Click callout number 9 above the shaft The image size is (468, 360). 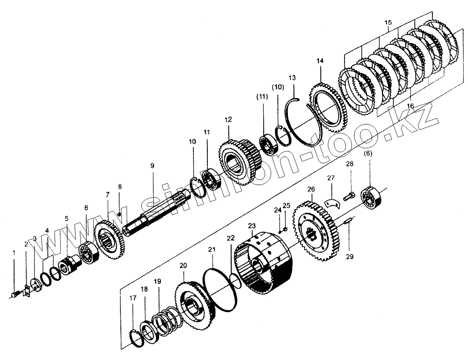[152, 166]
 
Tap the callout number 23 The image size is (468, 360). [251, 226]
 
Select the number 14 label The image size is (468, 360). [319, 61]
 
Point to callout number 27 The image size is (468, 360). [330, 178]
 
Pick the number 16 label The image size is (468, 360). [410, 106]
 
